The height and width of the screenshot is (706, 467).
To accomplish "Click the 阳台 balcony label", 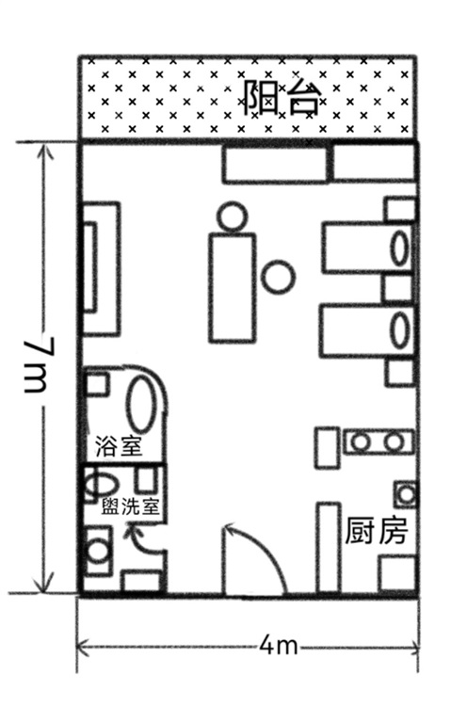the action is (282, 98).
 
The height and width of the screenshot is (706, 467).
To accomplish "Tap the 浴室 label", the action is (119, 446).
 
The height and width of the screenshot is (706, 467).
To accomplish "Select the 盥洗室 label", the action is (130, 506).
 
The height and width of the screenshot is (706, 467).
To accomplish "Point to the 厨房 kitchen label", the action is (377, 531).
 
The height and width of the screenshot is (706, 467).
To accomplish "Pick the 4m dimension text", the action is (280, 647).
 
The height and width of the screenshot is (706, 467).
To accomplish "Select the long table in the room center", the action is (233, 288).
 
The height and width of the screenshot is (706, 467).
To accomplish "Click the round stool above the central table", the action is (232, 217).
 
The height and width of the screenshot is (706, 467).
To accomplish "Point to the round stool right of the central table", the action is (279, 277).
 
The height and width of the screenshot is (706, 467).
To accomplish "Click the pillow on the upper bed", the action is (399, 248).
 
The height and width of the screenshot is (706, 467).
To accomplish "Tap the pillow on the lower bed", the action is (400, 330).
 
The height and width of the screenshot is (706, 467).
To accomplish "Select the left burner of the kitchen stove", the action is (361, 441).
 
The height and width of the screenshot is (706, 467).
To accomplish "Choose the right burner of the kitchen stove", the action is (394, 441).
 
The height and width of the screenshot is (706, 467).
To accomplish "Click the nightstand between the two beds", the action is (398, 289).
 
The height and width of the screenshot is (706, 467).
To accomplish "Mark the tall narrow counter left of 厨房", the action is (329, 548).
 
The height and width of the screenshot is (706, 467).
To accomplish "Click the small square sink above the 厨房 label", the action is (407, 495).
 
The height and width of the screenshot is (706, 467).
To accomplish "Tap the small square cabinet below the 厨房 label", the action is (397, 573).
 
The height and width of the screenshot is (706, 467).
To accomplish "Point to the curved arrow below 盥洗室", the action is (142, 538).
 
